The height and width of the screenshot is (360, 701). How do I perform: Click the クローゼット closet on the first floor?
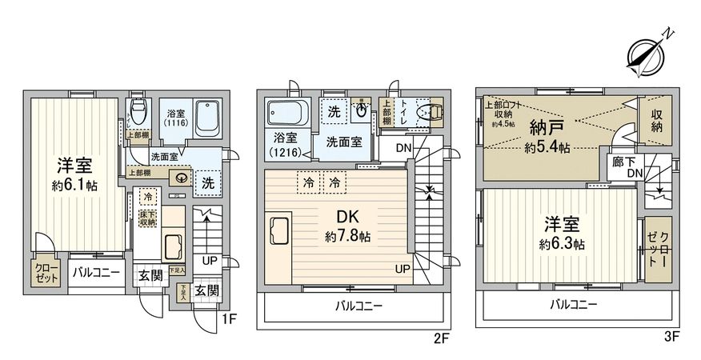point(44,274)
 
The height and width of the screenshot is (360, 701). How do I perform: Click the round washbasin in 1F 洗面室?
point(183,179)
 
